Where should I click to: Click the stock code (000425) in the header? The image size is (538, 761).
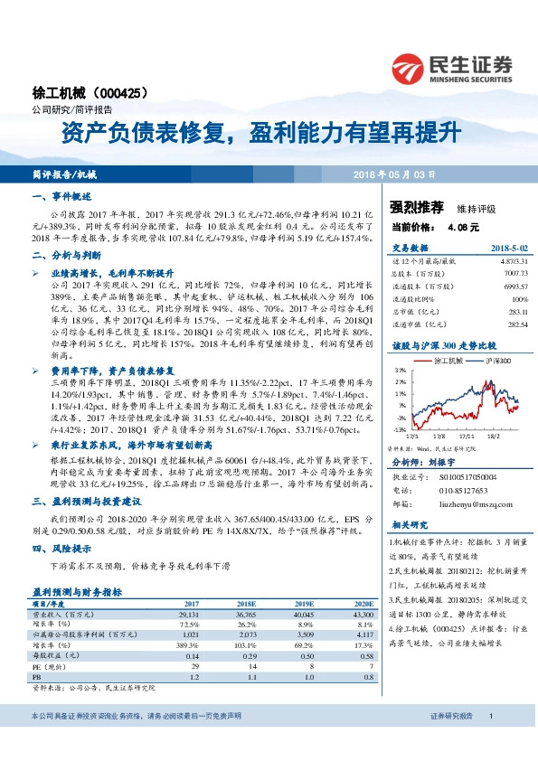pyautogui.click(x=117, y=93)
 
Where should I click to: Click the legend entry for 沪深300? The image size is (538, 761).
pyautogui.click(x=492, y=361)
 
